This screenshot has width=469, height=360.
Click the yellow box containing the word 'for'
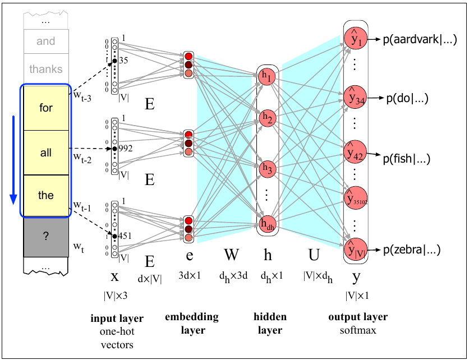[46, 108]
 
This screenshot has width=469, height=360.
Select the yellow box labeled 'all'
[46, 153]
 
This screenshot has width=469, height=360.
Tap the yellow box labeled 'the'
[46, 196]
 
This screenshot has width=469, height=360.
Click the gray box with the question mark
[46, 237]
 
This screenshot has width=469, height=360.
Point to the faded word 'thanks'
[46, 70]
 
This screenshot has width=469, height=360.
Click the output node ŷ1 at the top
[356, 39]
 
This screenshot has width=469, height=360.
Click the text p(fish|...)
[407, 159]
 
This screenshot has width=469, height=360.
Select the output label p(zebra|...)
[412, 250]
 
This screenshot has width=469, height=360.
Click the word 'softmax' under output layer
[357, 330]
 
